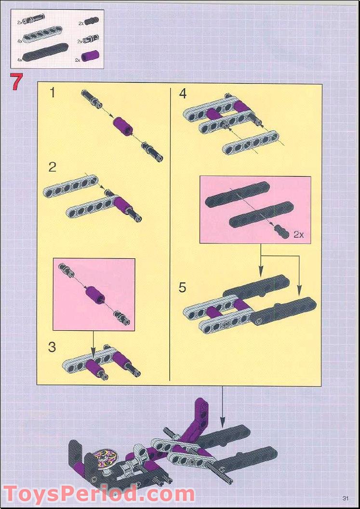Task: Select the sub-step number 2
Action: (x=53, y=167)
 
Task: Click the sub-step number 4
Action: (x=183, y=94)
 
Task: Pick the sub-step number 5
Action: (x=182, y=288)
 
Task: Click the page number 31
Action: (x=345, y=498)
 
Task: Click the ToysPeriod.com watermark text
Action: (x=99, y=495)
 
